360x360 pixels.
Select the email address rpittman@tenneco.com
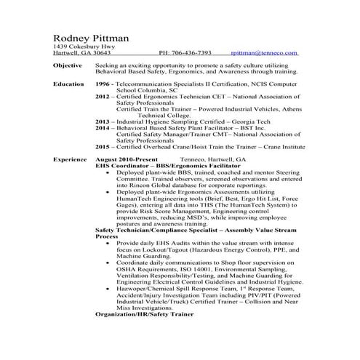coord(263,53)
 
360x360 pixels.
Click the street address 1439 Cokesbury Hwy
coord(84,47)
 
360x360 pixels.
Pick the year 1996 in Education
coord(103,84)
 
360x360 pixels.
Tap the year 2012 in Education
coord(103,97)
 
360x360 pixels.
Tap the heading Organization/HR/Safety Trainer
coord(146,316)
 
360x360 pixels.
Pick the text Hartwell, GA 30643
coord(82,53)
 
